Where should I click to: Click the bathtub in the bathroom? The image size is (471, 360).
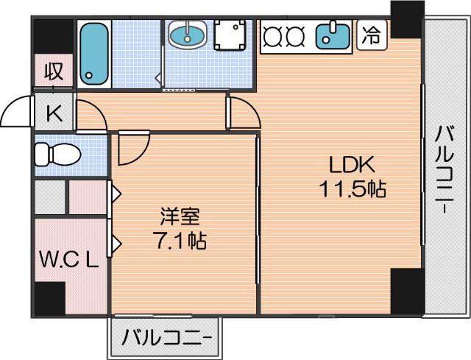[94, 52]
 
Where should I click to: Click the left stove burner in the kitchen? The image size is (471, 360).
[273, 35]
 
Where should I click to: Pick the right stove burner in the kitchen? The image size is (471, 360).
[295, 35]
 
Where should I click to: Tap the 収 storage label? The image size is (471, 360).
[52, 72]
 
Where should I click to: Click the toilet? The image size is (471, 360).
[55, 155]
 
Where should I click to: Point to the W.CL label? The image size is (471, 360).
[68, 260]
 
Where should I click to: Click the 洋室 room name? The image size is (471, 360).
[180, 218]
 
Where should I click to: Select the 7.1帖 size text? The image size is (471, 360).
[180, 239]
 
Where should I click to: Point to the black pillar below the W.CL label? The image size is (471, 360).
[50, 299]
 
